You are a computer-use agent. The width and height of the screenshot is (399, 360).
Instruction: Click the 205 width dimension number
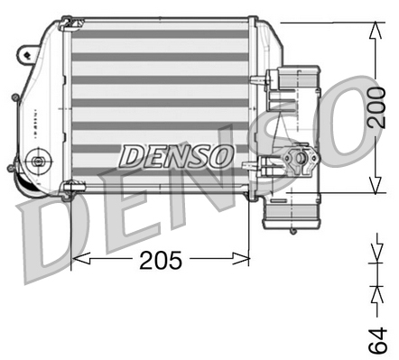coord(161,260)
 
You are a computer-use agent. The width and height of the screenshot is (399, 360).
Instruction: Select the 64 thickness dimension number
coord(381,339)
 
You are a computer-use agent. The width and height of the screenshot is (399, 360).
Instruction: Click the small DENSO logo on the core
coord(176,156)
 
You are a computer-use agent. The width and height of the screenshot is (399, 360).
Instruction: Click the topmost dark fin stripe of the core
coord(159,34)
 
